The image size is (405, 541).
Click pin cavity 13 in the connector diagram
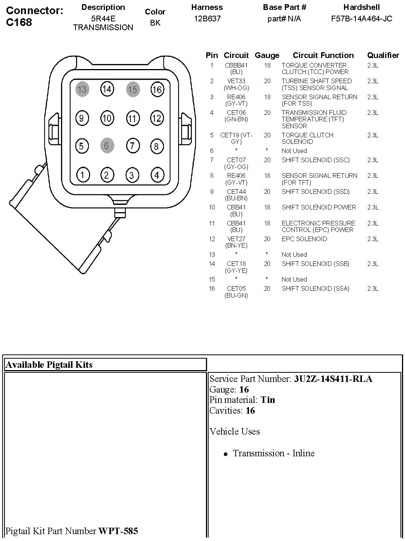click(82, 89)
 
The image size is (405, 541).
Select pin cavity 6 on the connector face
click(107, 146)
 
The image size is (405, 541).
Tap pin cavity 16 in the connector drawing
click(157, 89)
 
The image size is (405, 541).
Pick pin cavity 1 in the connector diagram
click(82, 175)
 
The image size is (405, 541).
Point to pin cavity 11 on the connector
click(132, 118)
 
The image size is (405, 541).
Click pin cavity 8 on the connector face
click(156, 146)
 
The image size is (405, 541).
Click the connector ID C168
click(19, 22)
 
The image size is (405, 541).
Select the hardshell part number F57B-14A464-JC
click(362, 19)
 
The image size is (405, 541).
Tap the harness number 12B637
click(207, 19)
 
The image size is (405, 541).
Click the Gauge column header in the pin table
click(267, 56)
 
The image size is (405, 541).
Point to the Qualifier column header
click(383, 56)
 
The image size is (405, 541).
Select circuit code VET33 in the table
click(236, 81)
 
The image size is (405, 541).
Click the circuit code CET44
click(236, 192)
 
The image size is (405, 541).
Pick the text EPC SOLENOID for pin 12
click(304, 239)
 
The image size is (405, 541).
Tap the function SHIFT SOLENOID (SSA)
click(315, 289)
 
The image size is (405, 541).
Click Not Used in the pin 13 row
click(294, 254)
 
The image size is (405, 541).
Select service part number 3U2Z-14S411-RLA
click(333, 379)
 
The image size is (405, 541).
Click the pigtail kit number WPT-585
click(118, 531)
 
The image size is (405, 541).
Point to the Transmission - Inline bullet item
click(273, 453)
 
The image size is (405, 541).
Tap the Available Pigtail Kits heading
click(49, 365)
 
